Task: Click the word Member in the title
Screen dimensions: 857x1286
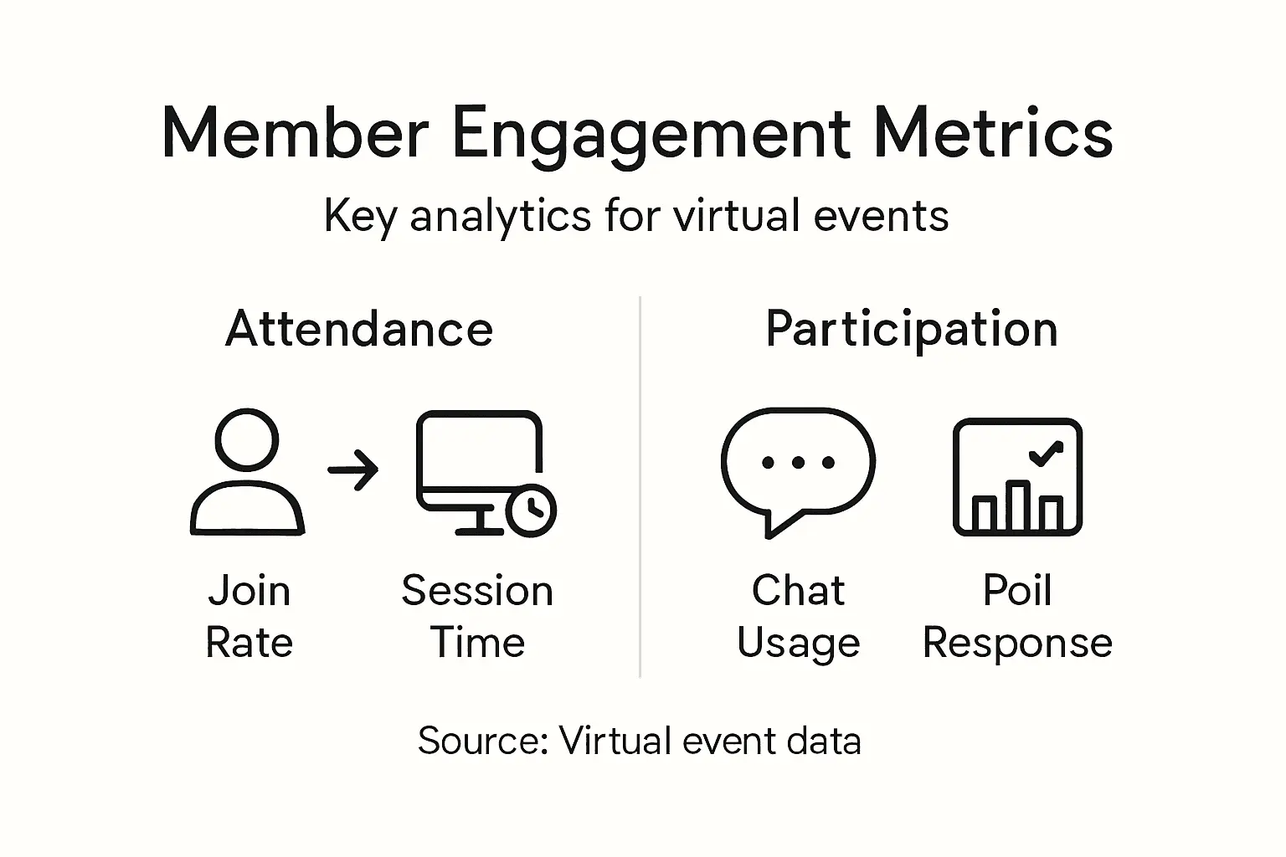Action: coord(295,134)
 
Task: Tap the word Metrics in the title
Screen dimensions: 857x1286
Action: coord(993,134)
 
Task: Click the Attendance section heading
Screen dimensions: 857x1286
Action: coord(359,329)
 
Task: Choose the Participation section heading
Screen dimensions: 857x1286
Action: coord(912,330)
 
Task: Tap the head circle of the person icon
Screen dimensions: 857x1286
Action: coord(247,439)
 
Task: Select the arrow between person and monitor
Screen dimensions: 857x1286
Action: coord(353,470)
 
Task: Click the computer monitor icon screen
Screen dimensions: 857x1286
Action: coord(478,456)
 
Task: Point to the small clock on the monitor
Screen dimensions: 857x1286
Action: coord(531,510)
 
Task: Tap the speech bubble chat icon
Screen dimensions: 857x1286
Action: coord(797,469)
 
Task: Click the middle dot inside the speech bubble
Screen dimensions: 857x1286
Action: coord(797,463)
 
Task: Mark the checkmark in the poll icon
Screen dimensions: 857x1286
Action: coord(1045,453)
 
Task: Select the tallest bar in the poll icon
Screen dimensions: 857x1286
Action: coord(1018,505)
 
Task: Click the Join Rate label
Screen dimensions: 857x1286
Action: coord(249,616)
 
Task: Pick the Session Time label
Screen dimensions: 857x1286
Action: coord(477,616)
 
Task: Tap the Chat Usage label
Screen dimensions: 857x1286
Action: coord(798,616)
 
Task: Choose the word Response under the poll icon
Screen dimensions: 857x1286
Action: coord(1017,644)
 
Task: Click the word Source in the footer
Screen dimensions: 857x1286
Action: coord(482,742)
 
